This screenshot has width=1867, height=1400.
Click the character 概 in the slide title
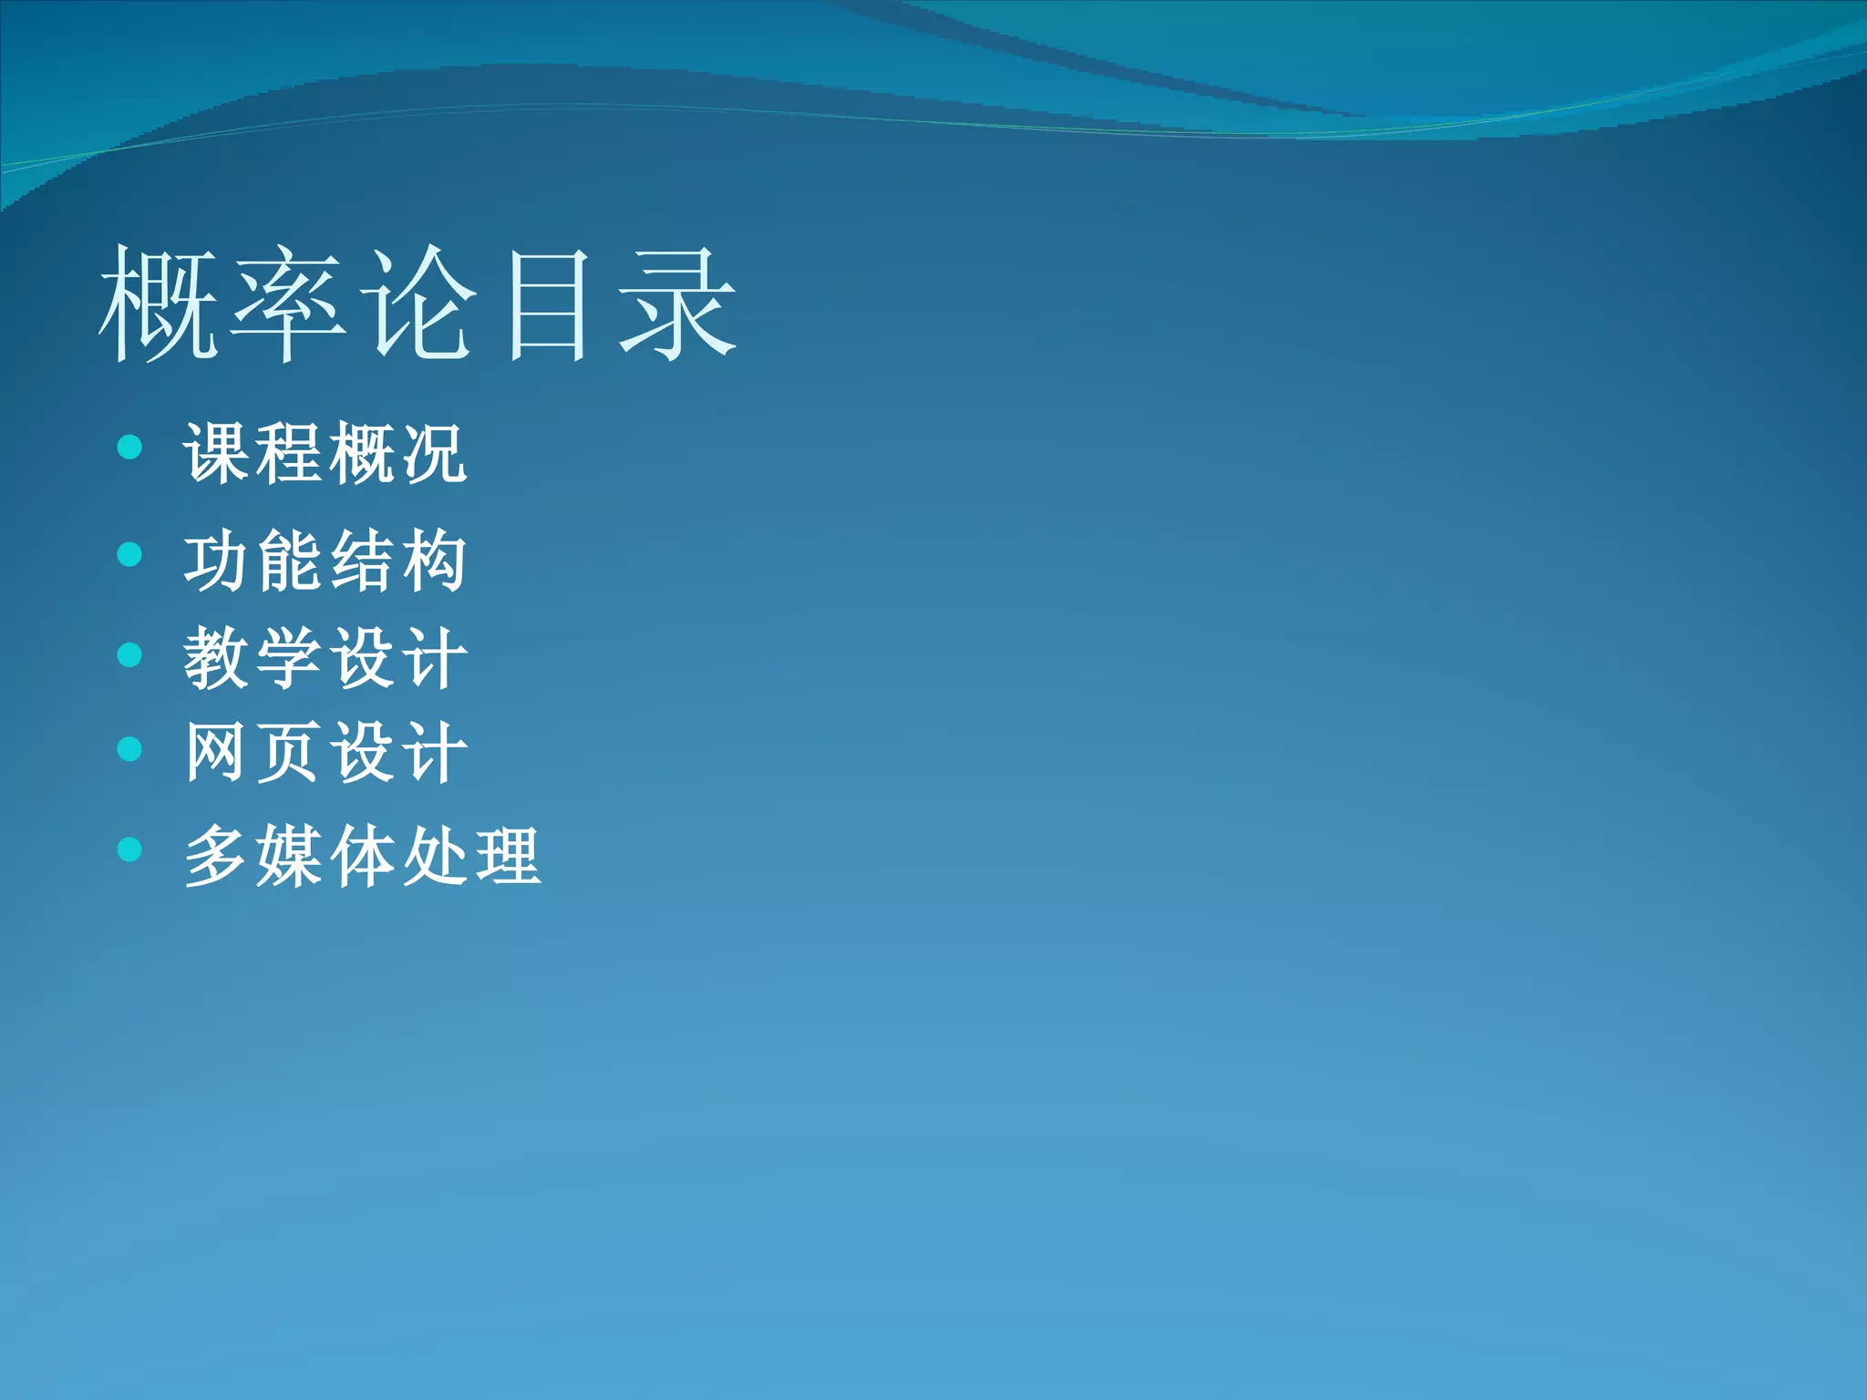[159, 303]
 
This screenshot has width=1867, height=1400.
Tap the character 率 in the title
[289, 303]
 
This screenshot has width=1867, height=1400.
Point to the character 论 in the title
[418, 303]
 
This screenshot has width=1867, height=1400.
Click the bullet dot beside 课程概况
[130, 447]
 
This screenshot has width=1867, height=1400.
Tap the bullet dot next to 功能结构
[130, 554]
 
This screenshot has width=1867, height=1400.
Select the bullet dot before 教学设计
[130, 654]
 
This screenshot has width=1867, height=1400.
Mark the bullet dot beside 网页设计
[130, 749]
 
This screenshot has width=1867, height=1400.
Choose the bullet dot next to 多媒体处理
[130, 849]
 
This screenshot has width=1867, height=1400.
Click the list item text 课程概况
[325, 453]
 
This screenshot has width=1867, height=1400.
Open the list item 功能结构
[325, 560]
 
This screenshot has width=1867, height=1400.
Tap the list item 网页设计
[325, 752]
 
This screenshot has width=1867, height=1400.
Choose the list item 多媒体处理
[363, 855]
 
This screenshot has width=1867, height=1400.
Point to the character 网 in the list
[215, 752]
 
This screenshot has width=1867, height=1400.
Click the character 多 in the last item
[215, 855]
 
